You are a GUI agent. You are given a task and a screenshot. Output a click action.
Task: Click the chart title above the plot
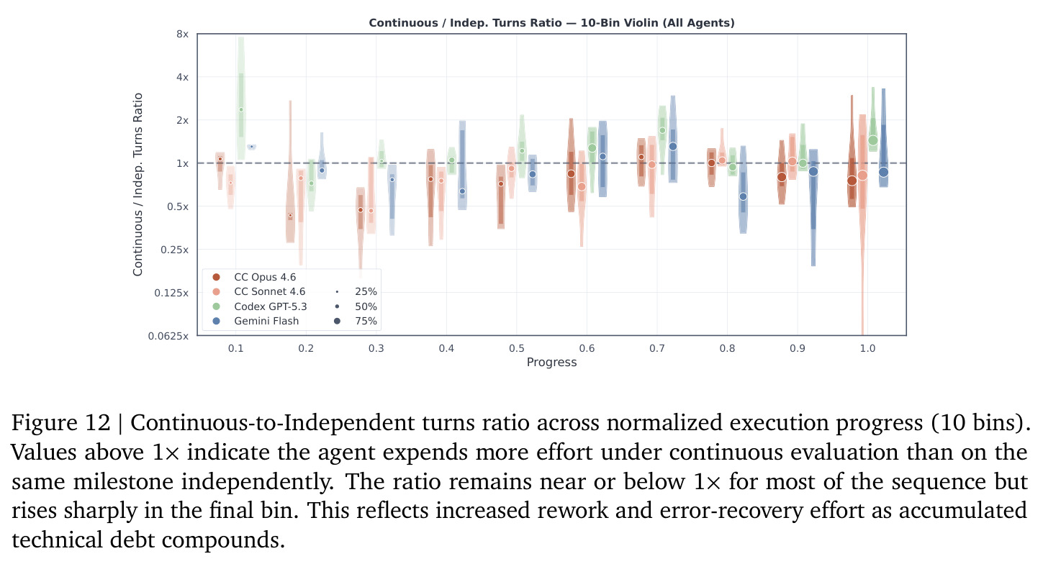[551, 23]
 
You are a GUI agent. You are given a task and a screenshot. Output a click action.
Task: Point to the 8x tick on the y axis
[182, 34]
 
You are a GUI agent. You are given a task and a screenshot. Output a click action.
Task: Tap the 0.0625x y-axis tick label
[168, 336]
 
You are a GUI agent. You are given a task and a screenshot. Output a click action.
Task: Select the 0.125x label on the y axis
[171, 293]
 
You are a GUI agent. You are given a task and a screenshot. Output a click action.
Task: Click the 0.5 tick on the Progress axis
[516, 348]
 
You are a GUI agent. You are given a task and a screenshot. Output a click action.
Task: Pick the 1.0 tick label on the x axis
[867, 348]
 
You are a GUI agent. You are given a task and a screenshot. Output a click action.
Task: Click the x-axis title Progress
[551, 362]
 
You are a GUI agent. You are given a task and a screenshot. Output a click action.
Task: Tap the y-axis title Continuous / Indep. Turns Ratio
[137, 184]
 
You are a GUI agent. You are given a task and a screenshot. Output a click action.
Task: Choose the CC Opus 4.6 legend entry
[254, 277]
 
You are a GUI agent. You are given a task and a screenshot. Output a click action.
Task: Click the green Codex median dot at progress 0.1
[241, 110]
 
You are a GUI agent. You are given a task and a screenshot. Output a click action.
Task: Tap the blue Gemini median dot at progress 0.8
[743, 196]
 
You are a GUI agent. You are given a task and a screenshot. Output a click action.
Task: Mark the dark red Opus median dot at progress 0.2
[290, 215]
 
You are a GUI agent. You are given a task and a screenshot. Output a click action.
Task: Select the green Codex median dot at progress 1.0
[873, 140]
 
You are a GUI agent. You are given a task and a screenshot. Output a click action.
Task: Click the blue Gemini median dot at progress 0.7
[673, 147]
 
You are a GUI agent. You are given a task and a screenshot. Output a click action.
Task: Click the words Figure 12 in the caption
[60, 423]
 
